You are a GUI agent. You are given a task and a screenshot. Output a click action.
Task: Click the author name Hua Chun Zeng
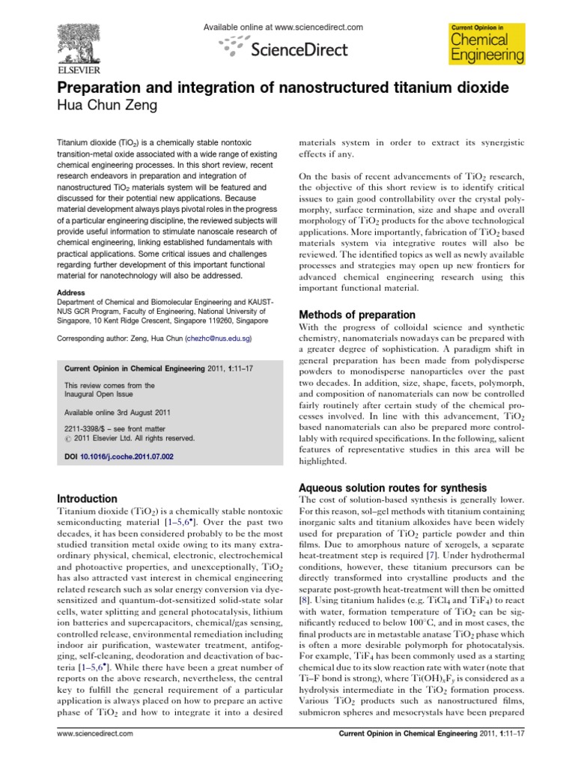(x=110, y=106)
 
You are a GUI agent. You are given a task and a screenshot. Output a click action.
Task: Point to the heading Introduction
(x=88, y=499)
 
